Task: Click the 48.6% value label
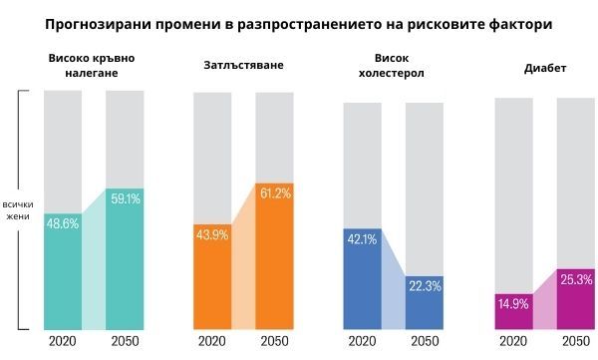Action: tap(63, 223)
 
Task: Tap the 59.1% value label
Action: tap(125, 199)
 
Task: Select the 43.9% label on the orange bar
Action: tap(212, 234)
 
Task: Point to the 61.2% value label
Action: tap(274, 193)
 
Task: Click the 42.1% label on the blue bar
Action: tap(361, 239)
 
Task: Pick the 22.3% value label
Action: tap(424, 286)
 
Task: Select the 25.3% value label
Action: tap(576, 279)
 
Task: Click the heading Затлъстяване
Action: tap(242, 65)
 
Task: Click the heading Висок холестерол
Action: tap(393, 66)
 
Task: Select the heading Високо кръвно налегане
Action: tap(91, 66)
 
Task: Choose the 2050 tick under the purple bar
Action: tap(575, 342)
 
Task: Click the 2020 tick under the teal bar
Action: tap(62, 342)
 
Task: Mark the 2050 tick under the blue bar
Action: tap(424, 342)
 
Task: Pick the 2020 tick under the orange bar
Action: tap(211, 342)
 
